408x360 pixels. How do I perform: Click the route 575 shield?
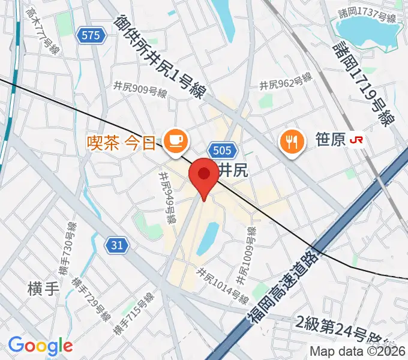click(x=91, y=36)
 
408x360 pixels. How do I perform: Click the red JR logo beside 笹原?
click(x=357, y=140)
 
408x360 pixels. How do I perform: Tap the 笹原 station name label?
click(x=330, y=140)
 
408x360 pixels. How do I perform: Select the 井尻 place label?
click(x=232, y=170)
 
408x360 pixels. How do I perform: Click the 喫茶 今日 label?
click(x=122, y=143)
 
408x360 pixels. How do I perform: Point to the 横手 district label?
click(x=43, y=288)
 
